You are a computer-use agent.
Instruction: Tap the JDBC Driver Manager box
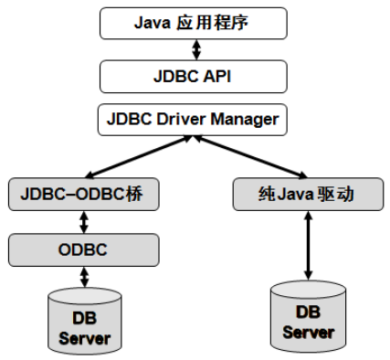coord(193,119)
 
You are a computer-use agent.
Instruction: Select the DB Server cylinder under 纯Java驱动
coord(308,315)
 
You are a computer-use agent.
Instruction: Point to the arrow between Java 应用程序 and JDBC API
coord(193,49)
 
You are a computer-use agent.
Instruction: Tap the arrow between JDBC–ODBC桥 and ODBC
coord(84,220)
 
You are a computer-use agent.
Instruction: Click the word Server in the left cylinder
coord(84,338)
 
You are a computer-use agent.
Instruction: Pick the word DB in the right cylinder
coord(308,312)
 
